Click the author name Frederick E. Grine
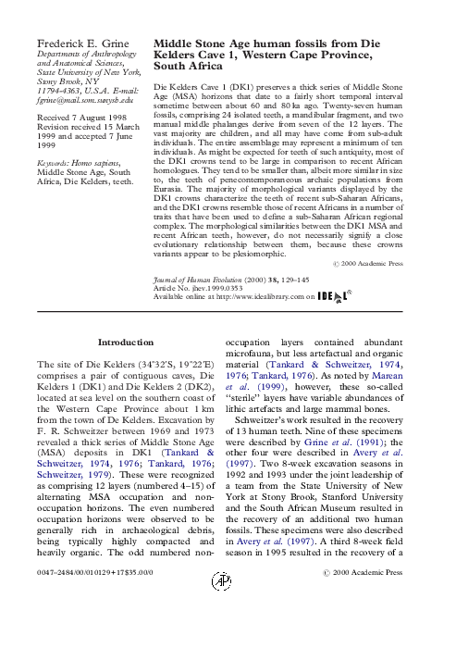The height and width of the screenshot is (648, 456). click(x=80, y=44)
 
